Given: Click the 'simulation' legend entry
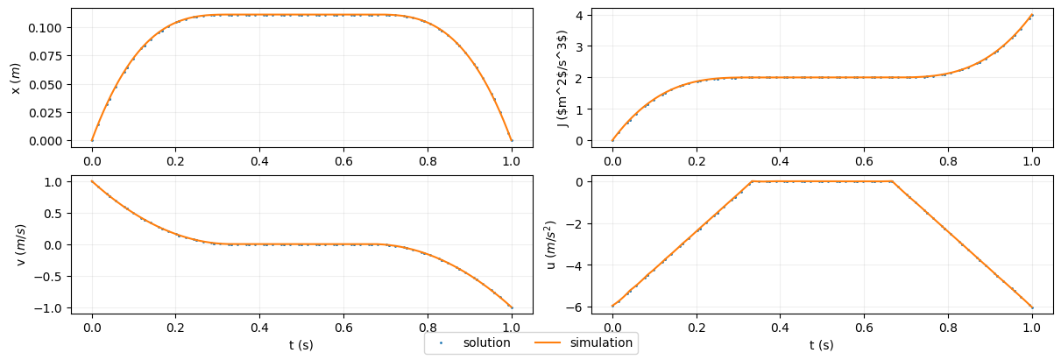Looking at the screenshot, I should pos(601,342).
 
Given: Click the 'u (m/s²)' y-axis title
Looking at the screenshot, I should pos(551,244).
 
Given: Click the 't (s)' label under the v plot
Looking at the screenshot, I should pos(301,345).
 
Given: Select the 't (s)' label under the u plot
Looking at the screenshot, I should pos(821,345).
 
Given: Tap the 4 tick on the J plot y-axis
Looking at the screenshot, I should pos(580,15).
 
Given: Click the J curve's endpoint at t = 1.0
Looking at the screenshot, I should pos(1032,15).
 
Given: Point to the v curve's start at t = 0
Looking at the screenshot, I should pos(92,181).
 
